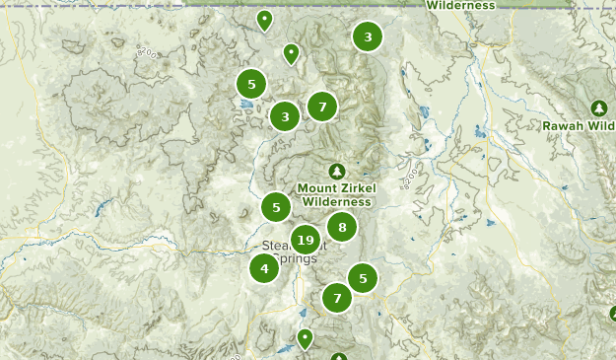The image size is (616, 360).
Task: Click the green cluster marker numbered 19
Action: coord(305,239)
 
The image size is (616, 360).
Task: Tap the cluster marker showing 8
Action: coord(342,228)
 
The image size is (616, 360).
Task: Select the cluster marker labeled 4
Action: coord(264,267)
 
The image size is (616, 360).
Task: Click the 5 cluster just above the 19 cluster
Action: coord(276,207)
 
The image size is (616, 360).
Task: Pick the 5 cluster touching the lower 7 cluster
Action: coord(363,279)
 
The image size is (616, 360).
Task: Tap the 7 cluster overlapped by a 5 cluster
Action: coord(337,297)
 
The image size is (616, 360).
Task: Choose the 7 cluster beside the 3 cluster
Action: coord(322,107)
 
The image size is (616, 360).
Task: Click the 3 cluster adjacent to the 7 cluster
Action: coord(285,116)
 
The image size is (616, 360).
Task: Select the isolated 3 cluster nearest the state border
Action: coord(368,37)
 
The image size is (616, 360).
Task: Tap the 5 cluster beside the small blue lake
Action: coord(251,84)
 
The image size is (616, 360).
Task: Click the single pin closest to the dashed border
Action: coord(264,20)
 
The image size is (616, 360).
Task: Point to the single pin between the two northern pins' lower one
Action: coord(291,53)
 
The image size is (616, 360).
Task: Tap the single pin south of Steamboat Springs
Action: coord(306,339)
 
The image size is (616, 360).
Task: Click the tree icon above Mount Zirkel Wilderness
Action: coord(337,172)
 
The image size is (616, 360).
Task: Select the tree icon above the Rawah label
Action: coord(598,108)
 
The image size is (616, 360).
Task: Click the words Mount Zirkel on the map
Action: coord(334,187)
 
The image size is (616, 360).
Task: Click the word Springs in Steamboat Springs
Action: coord(295,258)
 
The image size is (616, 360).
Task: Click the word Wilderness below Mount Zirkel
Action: coord(337,201)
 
